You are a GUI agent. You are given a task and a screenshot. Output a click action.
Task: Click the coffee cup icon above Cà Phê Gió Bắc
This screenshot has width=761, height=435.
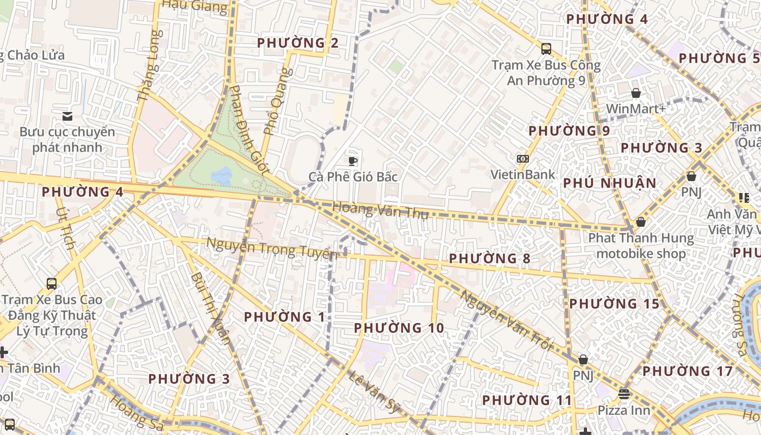tap(353, 160)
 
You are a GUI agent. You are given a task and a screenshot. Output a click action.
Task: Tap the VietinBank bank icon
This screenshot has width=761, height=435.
tap(523, 159)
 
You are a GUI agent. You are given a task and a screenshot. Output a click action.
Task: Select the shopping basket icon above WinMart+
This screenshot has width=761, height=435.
tap(635, 93)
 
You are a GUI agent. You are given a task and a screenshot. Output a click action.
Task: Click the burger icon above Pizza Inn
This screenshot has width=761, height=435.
tap(624, 394)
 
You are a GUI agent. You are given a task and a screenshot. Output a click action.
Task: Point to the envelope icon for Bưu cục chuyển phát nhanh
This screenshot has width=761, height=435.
tap(67, 116)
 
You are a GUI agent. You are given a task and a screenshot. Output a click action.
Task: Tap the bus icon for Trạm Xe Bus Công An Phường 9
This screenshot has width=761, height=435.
tap(546, 49)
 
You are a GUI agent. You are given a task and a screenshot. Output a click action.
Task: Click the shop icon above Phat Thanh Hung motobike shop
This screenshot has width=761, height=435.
tap(641, 222)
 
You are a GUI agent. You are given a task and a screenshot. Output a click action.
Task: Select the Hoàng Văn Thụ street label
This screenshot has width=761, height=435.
tap(380, 210)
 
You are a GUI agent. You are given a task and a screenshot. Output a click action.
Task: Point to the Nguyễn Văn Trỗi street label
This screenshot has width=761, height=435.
tap(506, 320)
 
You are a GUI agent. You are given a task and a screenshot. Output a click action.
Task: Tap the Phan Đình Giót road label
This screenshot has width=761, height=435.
tap(249, 129)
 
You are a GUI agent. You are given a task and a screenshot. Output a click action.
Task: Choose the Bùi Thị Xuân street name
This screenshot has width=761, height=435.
tap(210, 308)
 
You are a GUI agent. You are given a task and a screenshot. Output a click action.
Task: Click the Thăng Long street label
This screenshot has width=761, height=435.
tap(150, 66)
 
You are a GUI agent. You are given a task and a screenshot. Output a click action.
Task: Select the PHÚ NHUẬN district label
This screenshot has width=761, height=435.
tap(609, 183)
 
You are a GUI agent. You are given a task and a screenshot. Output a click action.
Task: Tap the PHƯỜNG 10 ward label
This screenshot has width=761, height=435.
tap(398, 328)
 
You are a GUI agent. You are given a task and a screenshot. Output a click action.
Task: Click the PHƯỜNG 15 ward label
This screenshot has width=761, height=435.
tap(614, 303)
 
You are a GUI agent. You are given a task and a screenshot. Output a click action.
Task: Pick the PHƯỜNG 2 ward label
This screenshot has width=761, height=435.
tap(298, 43)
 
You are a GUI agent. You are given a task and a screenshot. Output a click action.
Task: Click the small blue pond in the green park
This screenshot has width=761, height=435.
tap(222, 176)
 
